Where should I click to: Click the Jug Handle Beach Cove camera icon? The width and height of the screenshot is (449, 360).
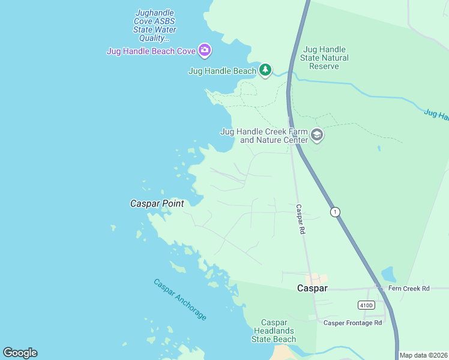point(205,50)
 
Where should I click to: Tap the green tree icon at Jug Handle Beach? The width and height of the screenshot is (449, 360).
point(265,70)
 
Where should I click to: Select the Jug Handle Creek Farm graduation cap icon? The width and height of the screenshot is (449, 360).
point(317,136)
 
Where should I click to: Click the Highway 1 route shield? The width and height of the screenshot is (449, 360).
point(335,212)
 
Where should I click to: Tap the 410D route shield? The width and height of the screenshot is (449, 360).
point(366,305)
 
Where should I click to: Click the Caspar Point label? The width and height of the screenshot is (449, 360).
point(157,203)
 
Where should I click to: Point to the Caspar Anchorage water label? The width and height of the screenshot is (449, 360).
point(179,299)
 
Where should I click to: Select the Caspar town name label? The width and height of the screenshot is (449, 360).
point(312,288)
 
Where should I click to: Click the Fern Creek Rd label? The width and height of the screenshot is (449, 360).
point(409,289)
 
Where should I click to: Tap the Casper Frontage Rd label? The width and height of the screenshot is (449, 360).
point(352,323)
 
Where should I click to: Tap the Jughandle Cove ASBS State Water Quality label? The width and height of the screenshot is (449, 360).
point(155,25)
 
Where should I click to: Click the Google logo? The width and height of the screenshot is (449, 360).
point(20,353)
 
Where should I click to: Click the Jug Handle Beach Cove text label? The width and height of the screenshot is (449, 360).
point(151,51)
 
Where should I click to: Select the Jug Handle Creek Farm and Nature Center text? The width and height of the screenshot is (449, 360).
point(265,136)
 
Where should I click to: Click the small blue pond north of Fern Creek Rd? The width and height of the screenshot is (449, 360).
point(388,275)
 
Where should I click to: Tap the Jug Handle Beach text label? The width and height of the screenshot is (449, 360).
point(222,71)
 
